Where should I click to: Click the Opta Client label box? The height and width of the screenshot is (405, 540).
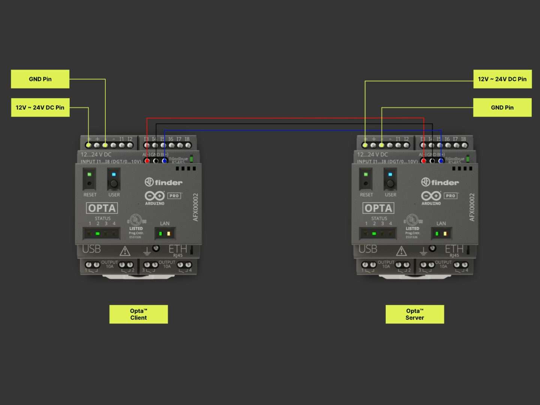(x=138, y=314)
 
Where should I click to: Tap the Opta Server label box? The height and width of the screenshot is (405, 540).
(x=415, y=314)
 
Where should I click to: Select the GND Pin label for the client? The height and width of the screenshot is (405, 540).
(x=40, y=79)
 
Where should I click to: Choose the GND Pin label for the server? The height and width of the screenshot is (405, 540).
(x=502, y=108)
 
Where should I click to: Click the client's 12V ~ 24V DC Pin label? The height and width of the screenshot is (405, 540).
(x=40, y=108)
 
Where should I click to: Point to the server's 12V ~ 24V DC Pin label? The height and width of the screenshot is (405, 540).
(x=502, y=79)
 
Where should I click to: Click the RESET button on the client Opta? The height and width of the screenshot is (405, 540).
(x=89, y=183)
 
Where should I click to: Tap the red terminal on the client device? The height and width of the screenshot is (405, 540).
(x=147, y=161)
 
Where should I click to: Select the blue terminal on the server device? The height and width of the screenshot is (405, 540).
(x=441, y=161)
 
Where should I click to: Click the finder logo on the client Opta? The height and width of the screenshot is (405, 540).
(x=163, y=182)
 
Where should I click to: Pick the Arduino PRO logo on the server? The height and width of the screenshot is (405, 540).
(x=439, y=196)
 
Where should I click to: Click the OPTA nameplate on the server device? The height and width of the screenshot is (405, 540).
(x=378, y=208)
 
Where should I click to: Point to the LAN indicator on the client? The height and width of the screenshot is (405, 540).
(x=165, y=234)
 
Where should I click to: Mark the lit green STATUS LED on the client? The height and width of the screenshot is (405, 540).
(x=97, y=234)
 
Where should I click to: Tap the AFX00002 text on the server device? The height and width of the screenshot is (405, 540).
(x=472, y=207)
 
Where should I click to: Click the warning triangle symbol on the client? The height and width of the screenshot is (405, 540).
(x=125, y=250)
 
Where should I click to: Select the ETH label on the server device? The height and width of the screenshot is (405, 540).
(x=454, y=249)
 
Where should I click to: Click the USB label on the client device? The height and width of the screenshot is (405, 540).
(x=91, y=249)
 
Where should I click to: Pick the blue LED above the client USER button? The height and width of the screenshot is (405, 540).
(x=114, y=174)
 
